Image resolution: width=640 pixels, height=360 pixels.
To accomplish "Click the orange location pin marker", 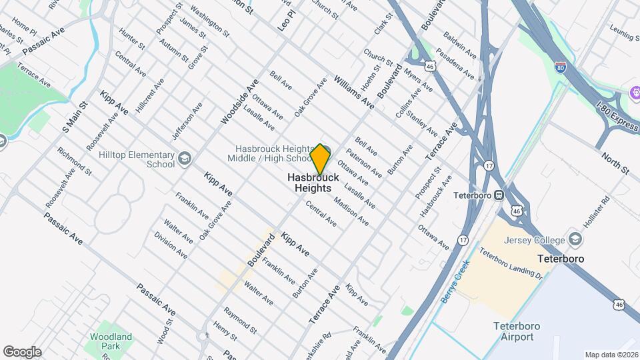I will (x=320, y=159).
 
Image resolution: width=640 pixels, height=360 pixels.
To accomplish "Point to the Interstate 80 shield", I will (x=561, y=67).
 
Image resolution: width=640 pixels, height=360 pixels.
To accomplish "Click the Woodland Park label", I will (x=112, y=342).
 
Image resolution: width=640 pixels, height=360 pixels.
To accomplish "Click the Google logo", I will (x=21, y=351).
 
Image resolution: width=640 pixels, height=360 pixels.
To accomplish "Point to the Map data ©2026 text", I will (x=611, y=355).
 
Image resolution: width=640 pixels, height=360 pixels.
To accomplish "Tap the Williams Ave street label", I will (x=355, y=92).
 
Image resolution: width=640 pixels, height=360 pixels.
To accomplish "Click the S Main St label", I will (x=75, y=116).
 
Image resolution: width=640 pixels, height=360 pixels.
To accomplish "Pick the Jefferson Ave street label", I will (x=187, y=121).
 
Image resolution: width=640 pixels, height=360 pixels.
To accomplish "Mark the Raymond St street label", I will (x=240, y=320).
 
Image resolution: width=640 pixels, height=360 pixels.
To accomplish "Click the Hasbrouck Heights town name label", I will (x=313, y=183).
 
